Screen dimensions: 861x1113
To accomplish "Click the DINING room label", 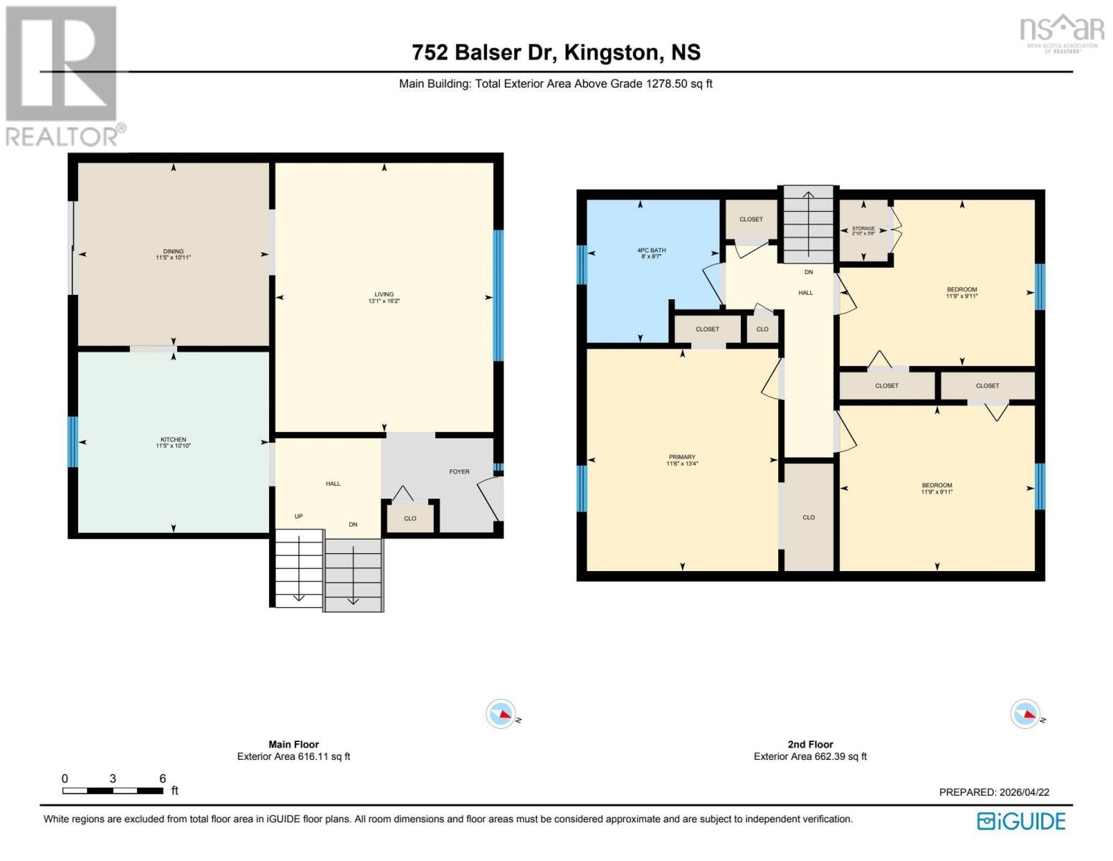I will pyautogui.click(x=173, y=251).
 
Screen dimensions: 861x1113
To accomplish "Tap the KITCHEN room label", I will pyautogui.click(x=173, y=439).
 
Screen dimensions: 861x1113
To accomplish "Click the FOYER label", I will pyautogui.click(x=459, y=471).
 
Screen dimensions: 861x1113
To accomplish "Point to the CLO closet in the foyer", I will pyautogui.click(x=410, y=518).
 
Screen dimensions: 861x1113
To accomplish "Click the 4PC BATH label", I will pyautogui.click(x=651, y=250).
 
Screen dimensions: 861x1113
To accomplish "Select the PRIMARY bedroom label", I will pyautogui.click(x=681, y=457).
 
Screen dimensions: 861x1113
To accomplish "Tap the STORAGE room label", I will pyautogui.click(x=863, y=229).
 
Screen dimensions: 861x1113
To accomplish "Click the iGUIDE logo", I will pyautogui.click(x=1021, y=821).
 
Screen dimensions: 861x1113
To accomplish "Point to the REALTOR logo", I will pyautogui.click(x=63, y=75).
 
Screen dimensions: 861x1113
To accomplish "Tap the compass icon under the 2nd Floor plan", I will pyautogui.click(x=1025, y=715).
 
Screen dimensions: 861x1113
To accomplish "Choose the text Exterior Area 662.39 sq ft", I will pyautogui.click(x=810, y=756).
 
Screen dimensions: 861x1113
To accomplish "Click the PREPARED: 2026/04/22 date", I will pyautogui.click(x=994, y=792).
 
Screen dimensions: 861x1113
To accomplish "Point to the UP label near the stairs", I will pyautogui.click(x=298, y=517).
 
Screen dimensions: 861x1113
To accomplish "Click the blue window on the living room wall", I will pyautogui.click(x=498, y=295).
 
